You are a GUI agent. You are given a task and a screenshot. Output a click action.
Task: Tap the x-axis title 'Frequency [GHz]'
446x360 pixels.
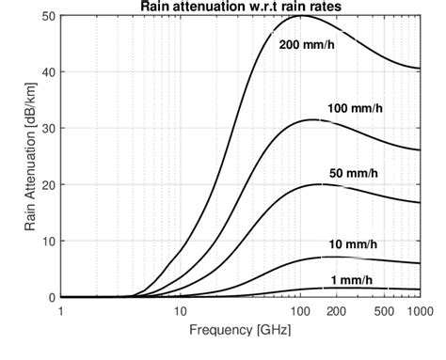click(238, 332)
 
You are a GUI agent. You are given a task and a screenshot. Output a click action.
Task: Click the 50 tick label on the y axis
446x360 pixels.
click(48, 16)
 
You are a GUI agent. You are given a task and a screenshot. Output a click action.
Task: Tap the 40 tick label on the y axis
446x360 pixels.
click(48, 72)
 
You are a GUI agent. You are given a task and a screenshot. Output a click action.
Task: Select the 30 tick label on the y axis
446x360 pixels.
click(48, 129)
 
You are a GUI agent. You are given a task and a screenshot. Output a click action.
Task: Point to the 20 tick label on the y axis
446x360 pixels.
click(48, 185)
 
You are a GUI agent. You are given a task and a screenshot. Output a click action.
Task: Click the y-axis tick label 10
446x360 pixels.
click(48, 241)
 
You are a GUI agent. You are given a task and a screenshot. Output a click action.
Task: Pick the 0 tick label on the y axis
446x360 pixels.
click(51, 297)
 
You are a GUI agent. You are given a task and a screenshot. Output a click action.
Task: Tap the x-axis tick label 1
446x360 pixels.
click(60, 310)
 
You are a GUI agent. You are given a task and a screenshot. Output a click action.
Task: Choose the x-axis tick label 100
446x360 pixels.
click(299, 310)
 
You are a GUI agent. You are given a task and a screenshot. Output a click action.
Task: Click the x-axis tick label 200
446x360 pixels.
click(335, 310)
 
